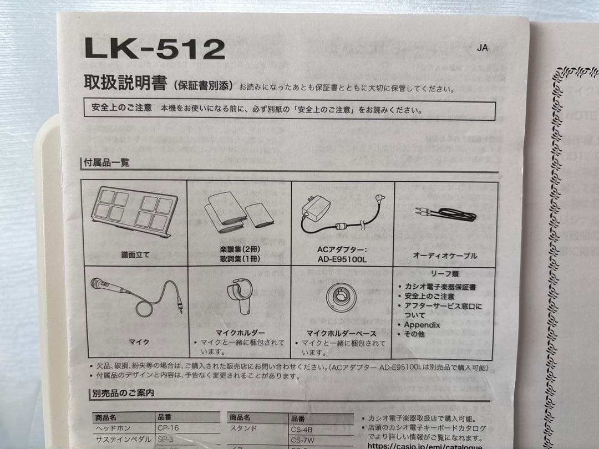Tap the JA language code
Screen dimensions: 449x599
[x=482, y=48]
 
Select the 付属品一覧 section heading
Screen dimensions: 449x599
[x=106, y=163]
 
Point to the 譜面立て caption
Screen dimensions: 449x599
[x=135, y=255]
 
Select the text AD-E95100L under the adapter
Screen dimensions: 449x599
[x=342, y=259]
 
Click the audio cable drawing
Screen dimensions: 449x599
[x=445, y=213]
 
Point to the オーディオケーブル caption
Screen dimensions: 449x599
[x=445, y=256]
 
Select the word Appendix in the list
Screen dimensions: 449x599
[x=422, y=325]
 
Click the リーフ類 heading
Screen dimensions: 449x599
[x=445, y=274]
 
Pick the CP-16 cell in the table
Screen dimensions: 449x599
[x=167, y=428]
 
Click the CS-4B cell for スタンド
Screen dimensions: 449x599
[x=302, y=428]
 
